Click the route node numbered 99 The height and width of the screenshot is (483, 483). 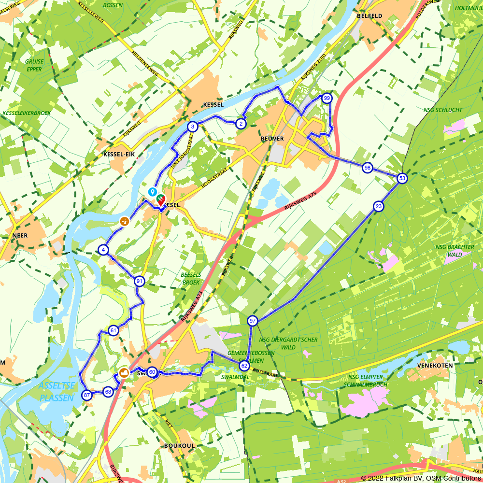click(x=327, y=98)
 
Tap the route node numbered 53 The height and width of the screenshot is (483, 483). click(x=402, y=179)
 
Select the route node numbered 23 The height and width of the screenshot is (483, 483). click(x=378, y=207)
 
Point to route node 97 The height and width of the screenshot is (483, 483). click(x=253, y=321)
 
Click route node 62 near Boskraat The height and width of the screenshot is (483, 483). click(x=244, y=366)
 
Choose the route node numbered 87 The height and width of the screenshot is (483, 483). click(x=86, y=395)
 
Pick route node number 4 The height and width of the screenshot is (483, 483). click(x=103, y=250)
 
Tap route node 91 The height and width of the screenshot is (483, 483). click(x=140, y=281)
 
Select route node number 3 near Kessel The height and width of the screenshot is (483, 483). click(x=193, y=127)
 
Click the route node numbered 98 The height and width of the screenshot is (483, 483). click(x=368, y=168)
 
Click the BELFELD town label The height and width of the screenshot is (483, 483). click(x=369, y=16)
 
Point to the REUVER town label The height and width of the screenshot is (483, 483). click(x=272, y=139)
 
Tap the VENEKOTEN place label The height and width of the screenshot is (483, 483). click(x=436, y=366)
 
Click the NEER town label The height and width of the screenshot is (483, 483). click(x=21, y=235)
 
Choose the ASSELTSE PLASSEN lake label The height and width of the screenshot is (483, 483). click(x=57, y=392)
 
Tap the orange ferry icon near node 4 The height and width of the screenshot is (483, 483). click(x=125, y=221)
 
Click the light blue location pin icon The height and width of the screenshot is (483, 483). click(x=152, y=192)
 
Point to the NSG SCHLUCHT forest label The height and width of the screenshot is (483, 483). click(x=442, y=110)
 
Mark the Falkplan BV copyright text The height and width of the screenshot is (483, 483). click(x=421, y=478)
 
